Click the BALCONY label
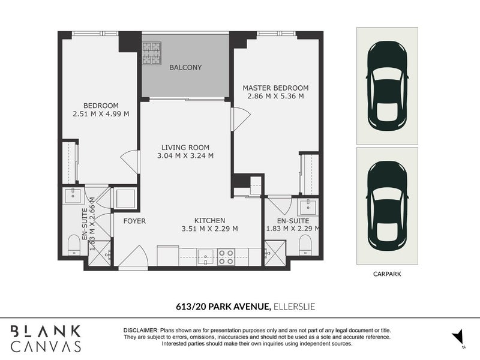(185, 68)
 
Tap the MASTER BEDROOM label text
(275, 88)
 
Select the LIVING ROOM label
(185, 147)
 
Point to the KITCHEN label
(209, 220)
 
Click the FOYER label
(134, 221)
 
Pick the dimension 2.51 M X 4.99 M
(101, 113)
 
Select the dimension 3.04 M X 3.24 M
(185, 155)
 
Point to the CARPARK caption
(386, 274)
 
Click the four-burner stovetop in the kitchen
(226, 257)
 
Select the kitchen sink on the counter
(204, 256)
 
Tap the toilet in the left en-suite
(74, 245)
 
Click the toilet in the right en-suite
(305, 245)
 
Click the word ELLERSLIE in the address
(294, 307)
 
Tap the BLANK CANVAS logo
(46, 338)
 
